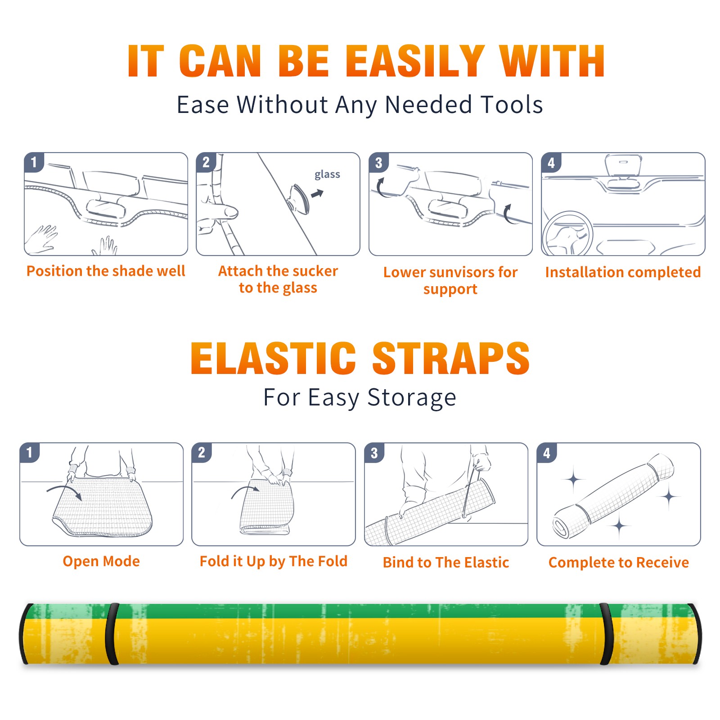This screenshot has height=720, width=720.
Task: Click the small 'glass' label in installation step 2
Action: pyautogui.click(x=327, y=175)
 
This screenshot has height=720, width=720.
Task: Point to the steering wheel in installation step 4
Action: pyautogui.click(x=567, y=234)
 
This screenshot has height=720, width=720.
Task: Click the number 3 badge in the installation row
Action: pyautogui.click(x=378, y=162)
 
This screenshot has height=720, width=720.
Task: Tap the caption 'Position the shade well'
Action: pyautogui.click(x=106, y=271)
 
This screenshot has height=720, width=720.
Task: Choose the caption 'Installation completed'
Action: pyautogui.click(x=623, y=272)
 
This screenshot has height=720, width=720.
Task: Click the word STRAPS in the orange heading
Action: pyautogui.click(x=451, y=358)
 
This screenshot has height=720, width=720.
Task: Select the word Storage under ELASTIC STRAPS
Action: pyautogui.click(x=411, y=398)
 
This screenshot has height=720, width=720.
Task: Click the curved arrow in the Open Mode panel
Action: pyautogui.click(x=64, y=491)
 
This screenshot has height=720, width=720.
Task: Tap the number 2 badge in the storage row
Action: pyautogui.click(x=201, y=452)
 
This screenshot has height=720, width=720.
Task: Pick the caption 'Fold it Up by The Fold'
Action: pyautogui.click(x=274, y=561)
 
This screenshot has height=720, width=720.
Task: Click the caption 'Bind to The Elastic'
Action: pyautogui.click(x=445, y=562)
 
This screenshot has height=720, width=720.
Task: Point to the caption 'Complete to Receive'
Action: pyautogui.click(x=618, y=562)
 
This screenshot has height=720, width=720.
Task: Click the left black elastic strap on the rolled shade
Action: pyautogui.click(x=112, y=634)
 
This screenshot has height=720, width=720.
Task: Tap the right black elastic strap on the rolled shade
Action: pyautogui.click(x=607, y=634)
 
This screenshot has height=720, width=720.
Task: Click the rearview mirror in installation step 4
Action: pyautogui.click(x=624, y=166)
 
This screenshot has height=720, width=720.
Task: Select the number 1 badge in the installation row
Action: pyautogui.click(x=34, y=162)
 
